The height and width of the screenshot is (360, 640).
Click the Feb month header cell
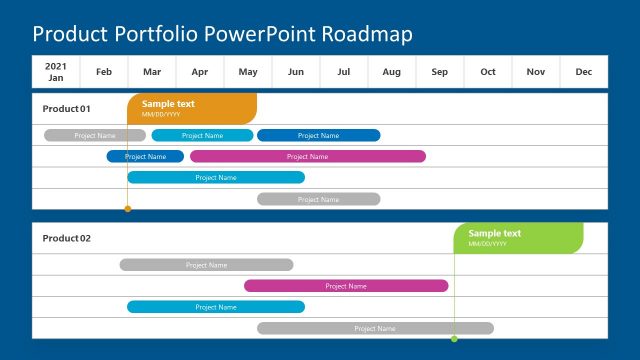104,71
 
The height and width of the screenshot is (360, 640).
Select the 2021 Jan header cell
56,71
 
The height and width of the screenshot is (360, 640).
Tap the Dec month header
584,71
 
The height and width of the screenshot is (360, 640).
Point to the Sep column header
440,71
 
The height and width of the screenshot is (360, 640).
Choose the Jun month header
296,71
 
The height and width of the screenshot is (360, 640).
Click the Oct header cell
488,71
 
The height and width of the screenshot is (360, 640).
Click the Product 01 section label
67,108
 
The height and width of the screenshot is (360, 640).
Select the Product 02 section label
67,238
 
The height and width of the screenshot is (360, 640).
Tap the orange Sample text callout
192,108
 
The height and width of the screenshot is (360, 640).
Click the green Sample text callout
518,238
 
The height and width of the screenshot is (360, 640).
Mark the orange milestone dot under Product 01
127,209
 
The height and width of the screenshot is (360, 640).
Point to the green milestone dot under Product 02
454,339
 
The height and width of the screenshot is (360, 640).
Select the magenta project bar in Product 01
307,156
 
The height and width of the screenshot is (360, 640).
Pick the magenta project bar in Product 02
346,286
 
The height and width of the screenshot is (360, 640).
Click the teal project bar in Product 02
216,307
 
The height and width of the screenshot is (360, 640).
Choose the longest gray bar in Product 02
375,328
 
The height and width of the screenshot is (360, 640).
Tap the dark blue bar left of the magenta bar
145,156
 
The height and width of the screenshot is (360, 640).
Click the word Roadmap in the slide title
366,34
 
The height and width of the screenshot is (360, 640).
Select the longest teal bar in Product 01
216,177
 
